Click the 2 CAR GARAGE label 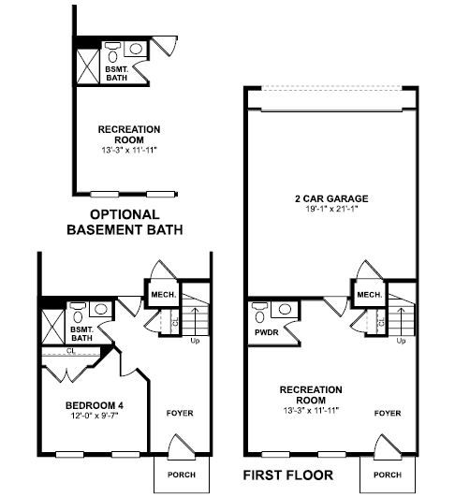[x=331, y=198]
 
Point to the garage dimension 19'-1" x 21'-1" [x=331, y=209]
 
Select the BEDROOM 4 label [x=95, y=405]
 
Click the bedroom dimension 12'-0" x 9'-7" [x=95, y=416]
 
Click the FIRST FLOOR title [x=288, y=475]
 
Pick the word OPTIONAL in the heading [x=125, y=214]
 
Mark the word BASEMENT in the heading [x=105, y=230]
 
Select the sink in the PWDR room [x=285, y=309]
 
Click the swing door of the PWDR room [x=292, y=333]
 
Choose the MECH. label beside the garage [x=370, y=295]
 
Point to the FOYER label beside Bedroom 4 [x=180, y=413]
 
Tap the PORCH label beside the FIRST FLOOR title [x=388, y=475]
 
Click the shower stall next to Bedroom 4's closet [x=53, y=327]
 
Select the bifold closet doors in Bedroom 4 [x=67, y=373]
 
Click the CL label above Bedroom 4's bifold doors [x=71, y=351]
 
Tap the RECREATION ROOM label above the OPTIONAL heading [x=129, y=135]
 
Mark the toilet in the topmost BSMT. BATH [x=113, y=52]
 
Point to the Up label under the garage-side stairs [x=401, y=341]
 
